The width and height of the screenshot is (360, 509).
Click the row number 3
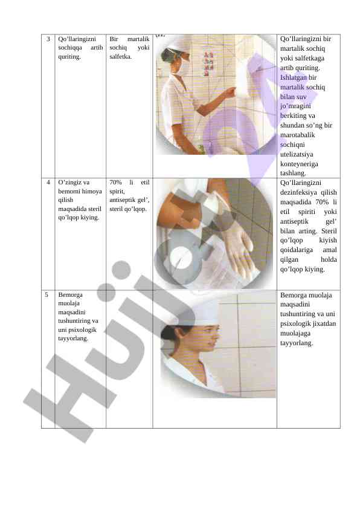click(48, 39)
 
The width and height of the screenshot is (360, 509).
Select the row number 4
click(48, 182)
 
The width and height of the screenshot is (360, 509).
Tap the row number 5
click(47, 294)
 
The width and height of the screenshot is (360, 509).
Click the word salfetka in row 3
click(121, 56)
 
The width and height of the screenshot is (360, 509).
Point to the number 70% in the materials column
click(115, 182)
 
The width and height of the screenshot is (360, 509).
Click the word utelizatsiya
click(297, 154)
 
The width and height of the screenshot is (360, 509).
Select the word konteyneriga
click(299, 164)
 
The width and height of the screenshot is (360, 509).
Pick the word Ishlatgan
click(294, 77)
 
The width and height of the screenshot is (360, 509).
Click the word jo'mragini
click(295, 106)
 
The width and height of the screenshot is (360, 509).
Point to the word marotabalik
click(297, 135)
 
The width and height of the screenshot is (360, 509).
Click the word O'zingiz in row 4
click(69, 183)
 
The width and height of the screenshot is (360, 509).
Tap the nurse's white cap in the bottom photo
click(202, 313)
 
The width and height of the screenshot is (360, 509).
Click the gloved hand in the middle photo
click(237, 240)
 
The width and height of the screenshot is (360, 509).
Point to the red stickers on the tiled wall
click(208, 63)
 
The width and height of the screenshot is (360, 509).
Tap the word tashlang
click(293, 173)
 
